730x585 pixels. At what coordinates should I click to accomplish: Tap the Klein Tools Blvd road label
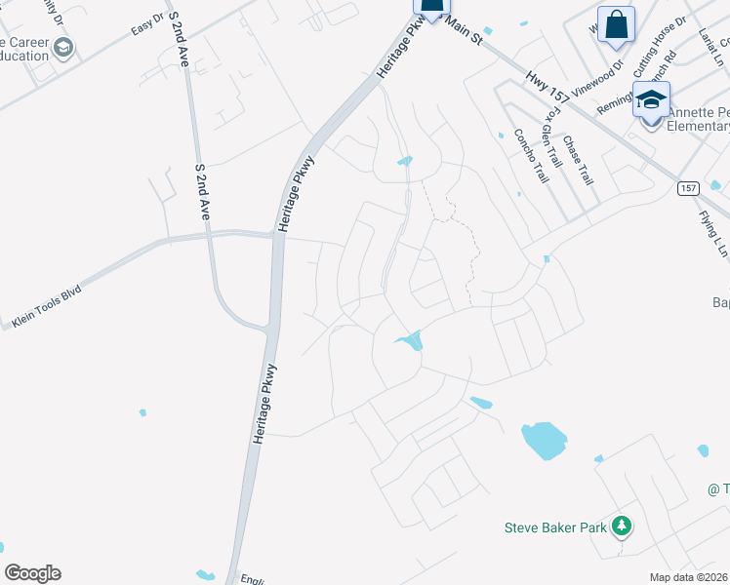click(x=48, y=306)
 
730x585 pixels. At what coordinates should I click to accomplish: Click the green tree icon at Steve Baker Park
click(x=622, y=527)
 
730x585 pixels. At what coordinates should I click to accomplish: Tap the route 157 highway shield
click(x=689, y=187)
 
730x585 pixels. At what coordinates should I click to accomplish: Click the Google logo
click(x=32, y=573)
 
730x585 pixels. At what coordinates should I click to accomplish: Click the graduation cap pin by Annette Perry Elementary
click(x=651, y=99)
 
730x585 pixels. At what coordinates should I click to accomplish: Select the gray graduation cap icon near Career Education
click(x=63, y=48)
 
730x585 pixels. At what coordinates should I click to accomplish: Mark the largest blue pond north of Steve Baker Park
click(x=544, y=440)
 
